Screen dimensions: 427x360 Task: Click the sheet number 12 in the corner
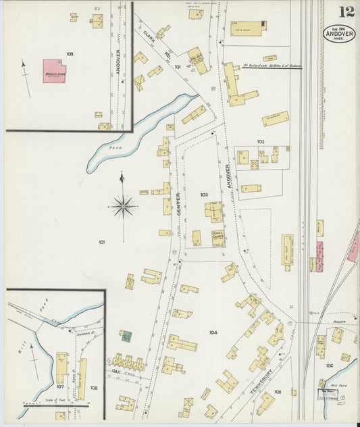[x=346, y=11]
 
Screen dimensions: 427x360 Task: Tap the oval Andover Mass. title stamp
[x=338, y=33]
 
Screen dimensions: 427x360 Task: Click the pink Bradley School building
[x=55, y=70]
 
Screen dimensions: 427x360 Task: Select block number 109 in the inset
[x=70, y=53]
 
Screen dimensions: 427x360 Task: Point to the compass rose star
[x=123, y=206]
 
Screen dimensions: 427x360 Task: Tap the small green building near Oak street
[x=126, y=336]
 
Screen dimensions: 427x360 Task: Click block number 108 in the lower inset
[x=94, y=388]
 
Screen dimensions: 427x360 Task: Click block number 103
[x=204, y=195]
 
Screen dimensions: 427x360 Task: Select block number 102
[x=261, y=141]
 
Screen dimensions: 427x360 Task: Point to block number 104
[x=213, y=332]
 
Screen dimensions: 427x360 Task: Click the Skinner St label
[x=84, y=333]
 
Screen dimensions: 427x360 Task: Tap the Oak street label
[x=115, y=371]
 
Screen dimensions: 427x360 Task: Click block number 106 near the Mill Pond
[x=330, y=366]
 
